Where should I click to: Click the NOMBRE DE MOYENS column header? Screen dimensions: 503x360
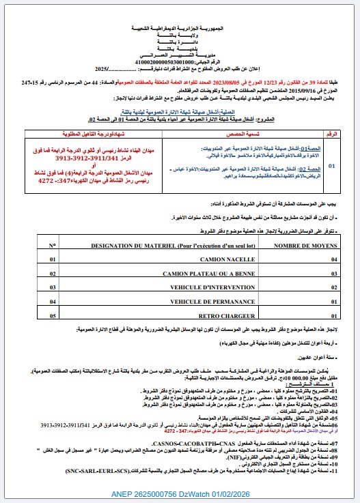point(300,244)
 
